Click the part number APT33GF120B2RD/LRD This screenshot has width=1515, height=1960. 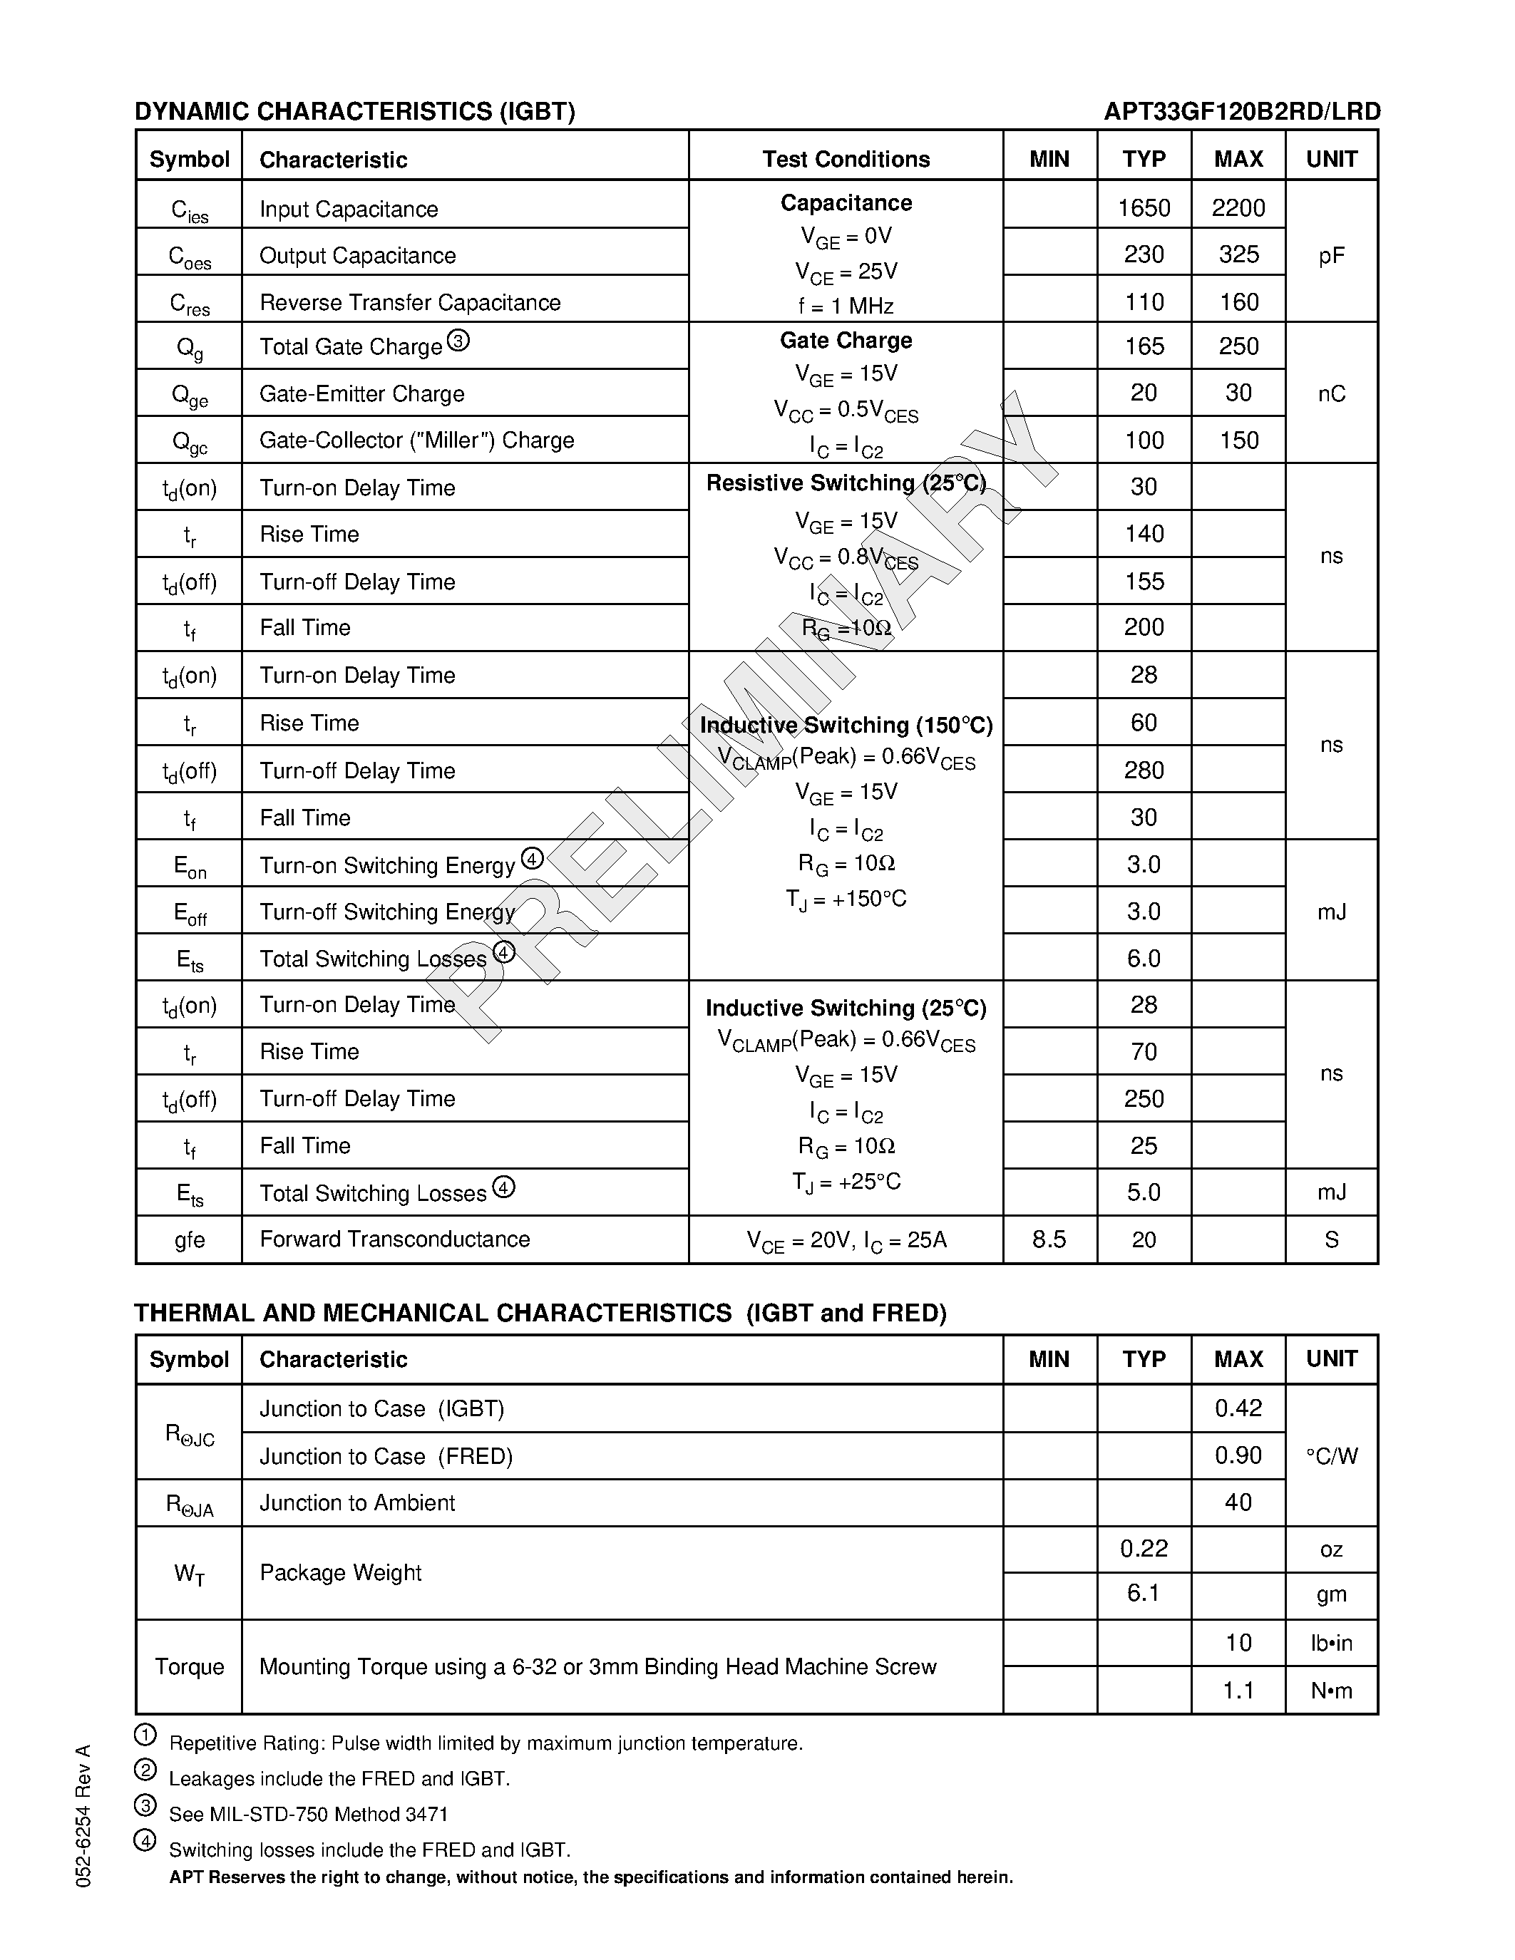click(1241, 111)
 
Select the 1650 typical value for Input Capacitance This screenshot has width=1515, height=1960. click(1144, 208)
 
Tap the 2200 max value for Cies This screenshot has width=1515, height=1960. click(1238, 208)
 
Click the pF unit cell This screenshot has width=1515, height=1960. click(1331, 257)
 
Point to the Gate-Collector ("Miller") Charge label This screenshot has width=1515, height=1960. click(416, 440)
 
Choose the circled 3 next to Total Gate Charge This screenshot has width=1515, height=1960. click(458, 341)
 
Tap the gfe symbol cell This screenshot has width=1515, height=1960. click(190, 1240)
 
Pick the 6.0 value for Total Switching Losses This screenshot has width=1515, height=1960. click(1144, 959)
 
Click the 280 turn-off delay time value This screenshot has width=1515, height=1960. click(1144, 770)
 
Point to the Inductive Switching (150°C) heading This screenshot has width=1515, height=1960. click(846, 725)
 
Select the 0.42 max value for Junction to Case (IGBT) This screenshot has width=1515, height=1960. click(1238, 1408)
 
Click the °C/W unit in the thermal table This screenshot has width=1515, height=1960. click(1331, 1455)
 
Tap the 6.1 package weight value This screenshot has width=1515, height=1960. click(1144, 1593)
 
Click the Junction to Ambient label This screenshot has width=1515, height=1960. click(357, 1503)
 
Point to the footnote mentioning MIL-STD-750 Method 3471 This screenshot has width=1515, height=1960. click(308, 1815)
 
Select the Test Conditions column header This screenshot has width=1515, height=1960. click(846, 160)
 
